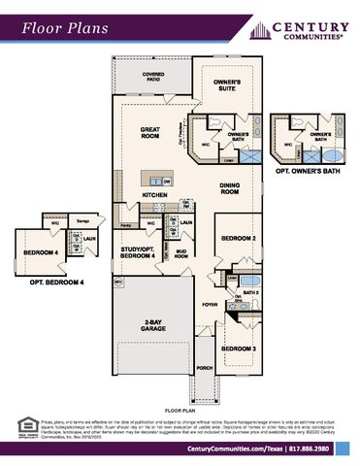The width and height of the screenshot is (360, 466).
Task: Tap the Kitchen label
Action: click(156, 195)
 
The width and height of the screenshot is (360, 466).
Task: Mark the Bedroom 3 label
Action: click(238, 349)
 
